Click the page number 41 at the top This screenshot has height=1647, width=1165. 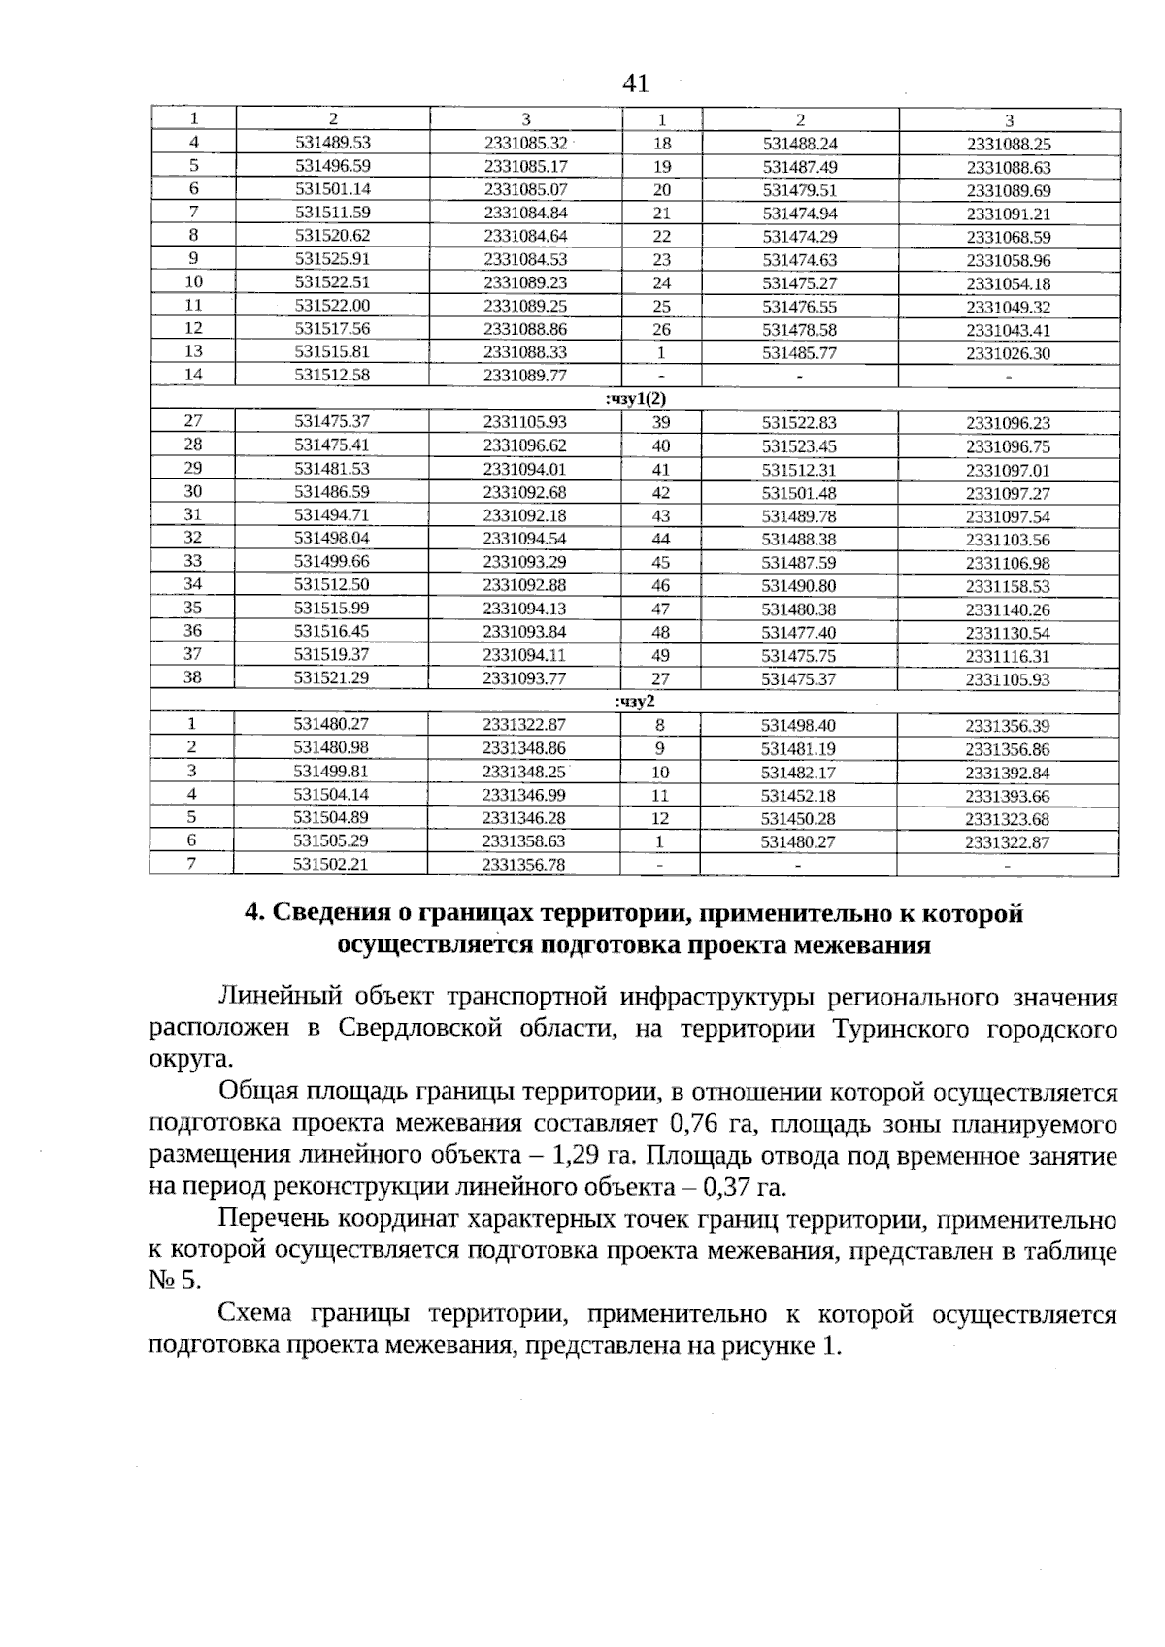635,84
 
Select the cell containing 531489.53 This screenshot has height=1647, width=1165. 333,143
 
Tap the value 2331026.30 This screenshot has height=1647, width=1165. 1008,354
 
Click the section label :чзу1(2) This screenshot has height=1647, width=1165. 636,398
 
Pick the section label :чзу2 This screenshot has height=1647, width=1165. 636,701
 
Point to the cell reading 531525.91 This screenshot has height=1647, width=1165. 333,259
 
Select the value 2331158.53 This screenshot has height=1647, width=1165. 1008,586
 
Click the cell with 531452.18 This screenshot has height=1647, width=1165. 798,796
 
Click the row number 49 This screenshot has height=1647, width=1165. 660,656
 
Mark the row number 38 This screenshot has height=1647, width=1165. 192,677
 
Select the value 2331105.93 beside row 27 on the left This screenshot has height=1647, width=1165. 524,422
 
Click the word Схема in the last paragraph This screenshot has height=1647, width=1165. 255,1315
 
